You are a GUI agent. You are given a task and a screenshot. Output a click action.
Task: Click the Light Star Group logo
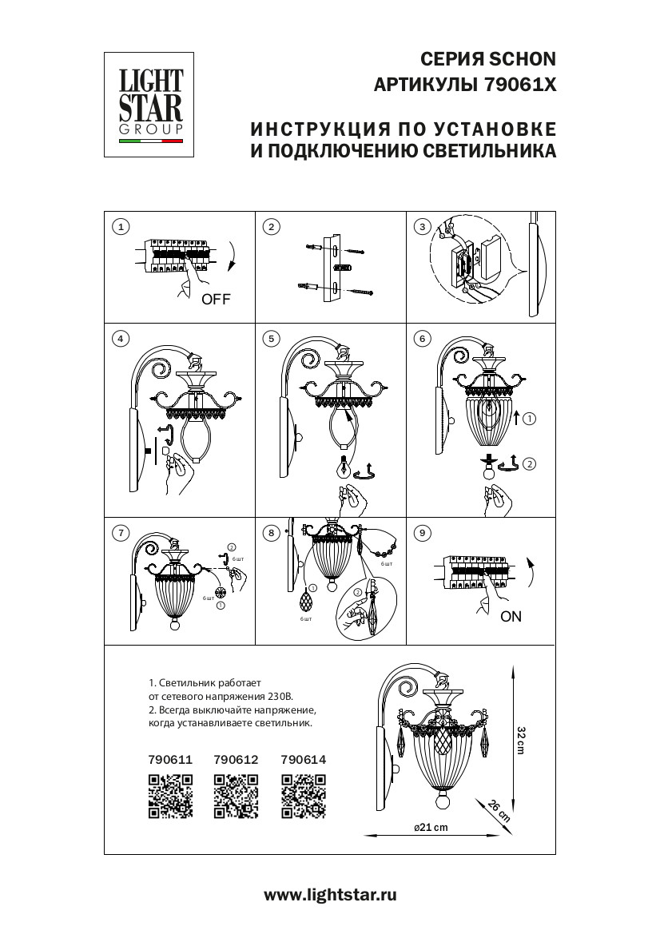pyautogui.click(x=151, y=104)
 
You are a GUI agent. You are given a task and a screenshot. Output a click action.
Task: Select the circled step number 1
pyautogui.click(x=121, y=227)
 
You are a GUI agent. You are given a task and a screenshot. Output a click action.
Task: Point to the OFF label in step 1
pyautogui.click(x=216, y=300)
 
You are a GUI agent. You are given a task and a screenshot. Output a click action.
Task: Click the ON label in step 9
pyautogui.click(x=511, y=617)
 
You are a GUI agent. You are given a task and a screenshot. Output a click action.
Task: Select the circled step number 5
pyautogui.click(x=272, y=339)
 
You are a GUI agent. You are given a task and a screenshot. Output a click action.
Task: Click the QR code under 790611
pyautogui.click(x=171, y=797)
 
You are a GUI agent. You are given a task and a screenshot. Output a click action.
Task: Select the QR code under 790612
pyautogui.click(x=237, y=797)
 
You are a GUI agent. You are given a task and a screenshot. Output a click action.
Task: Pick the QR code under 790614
pyautogui.click(x=304, y=797)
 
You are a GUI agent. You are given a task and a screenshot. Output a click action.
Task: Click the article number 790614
pyautogui.click(x=304, y=761)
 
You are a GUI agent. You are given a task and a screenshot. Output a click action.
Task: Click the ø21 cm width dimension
pyautogui.click(x=431, y=827)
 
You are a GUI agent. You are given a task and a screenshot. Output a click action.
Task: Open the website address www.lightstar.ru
pyautogui.click(x=330, y=896)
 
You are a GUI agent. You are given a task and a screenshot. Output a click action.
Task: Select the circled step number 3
pyautogui.click(x=423, y=227)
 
